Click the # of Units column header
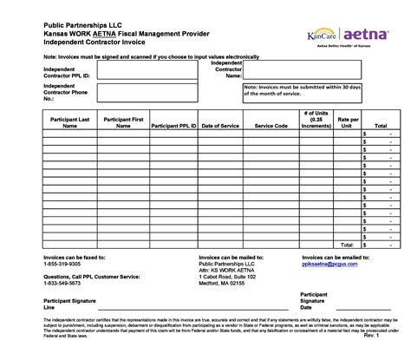coord(315,119)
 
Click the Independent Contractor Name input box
coord(303,69)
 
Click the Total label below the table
coord(348,244)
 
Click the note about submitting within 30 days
coord(302,90)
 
